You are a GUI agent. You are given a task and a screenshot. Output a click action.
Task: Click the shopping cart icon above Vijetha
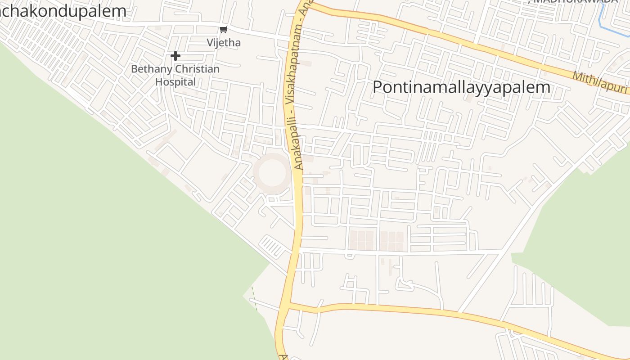pyautogui.click(x=223, y=30)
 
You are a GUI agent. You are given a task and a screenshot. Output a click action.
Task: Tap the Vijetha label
pyautogui.click(x=224, y=43)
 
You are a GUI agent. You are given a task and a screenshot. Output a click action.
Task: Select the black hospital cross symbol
pyautogui.click(x=175, y=56)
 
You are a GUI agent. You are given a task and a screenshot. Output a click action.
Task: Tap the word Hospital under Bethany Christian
pyautogui.click(x=175, y=82)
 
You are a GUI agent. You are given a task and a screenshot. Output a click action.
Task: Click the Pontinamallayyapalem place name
pyautogui.click(x=461, y=87)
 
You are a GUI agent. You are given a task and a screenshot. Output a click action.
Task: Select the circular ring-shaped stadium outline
pyautogui.click(x=272, y=173)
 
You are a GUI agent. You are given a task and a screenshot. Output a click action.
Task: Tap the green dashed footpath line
pyautogui.click(x=254, y=298)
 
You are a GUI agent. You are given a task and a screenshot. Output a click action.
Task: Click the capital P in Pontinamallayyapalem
pyautogui.click(x=378, y=87)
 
